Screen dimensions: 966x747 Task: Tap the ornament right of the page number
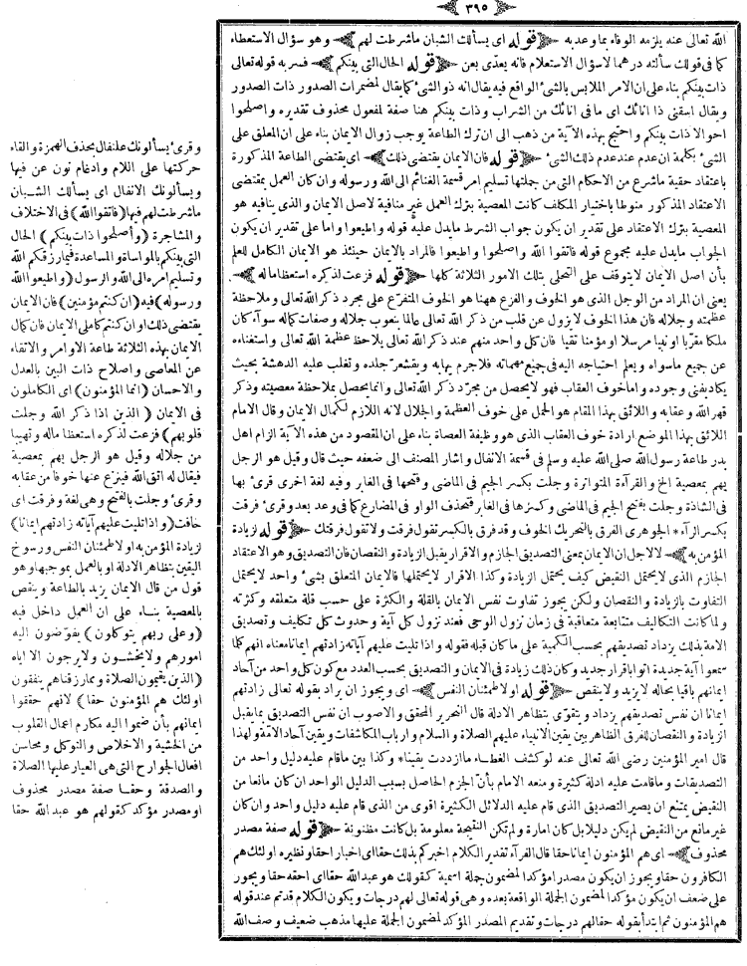pyautogui.click(x=499, y=12)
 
